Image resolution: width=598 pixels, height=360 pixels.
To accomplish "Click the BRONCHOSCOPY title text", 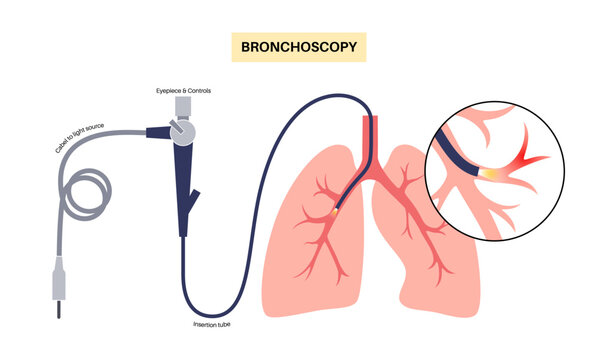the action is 298,46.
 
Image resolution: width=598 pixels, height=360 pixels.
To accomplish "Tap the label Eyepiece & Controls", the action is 184,91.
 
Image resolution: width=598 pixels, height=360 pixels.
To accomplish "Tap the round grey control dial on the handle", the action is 181,129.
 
